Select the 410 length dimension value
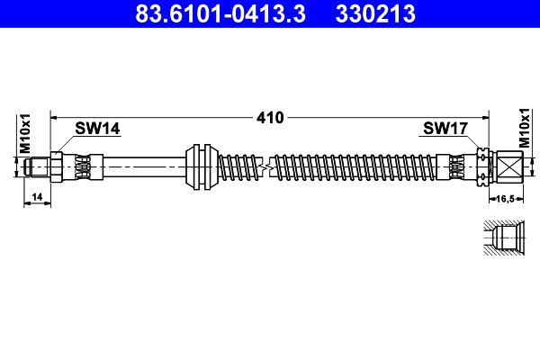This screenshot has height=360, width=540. [270, 117]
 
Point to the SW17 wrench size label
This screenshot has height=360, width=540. [444, 129]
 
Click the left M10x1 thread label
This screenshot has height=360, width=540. [26, 134]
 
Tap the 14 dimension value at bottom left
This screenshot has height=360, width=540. [36, 195]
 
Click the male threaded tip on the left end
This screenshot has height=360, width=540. [37, 166]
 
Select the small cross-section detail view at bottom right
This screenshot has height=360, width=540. [499, 240]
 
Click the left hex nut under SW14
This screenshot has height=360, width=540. [58, 166]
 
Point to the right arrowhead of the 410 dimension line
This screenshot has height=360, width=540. [485, 117]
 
